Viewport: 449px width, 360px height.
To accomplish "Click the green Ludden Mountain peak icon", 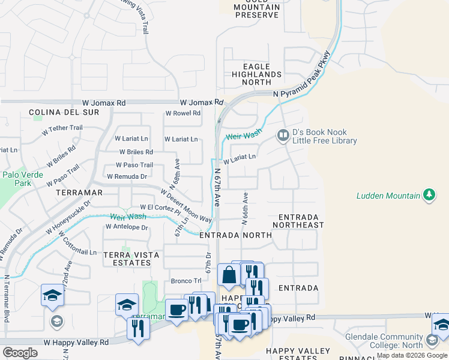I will point(429,195).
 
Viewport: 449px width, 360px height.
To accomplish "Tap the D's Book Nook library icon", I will point(282,136).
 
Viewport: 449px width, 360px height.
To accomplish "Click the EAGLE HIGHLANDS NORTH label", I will point(256,74).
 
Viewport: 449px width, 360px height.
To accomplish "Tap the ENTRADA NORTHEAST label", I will point(298,220).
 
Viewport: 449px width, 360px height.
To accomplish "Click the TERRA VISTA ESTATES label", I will point(131,259).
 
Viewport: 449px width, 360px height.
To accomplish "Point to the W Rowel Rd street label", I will point(183,113).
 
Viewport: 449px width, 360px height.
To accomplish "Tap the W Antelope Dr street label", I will point(127,227).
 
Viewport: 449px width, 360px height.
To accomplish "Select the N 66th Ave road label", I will point(245,209).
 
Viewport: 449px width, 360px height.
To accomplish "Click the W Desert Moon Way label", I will point(185,205).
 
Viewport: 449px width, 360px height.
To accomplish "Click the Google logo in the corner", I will point(20,352).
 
